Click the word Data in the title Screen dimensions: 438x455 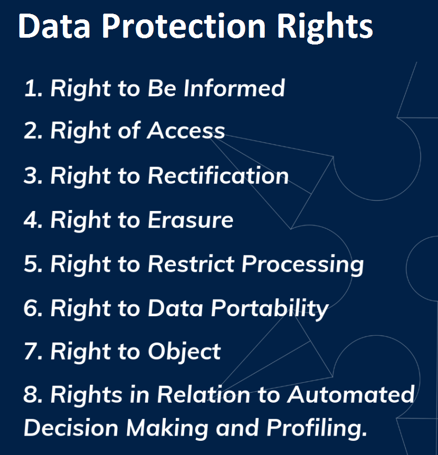tap(54, 26)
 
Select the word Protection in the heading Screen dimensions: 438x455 tap(184, 26)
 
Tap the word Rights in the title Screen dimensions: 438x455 tap(325, 28)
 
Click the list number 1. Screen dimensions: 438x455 tap(33, 88)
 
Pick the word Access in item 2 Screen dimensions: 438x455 tap(186, 130)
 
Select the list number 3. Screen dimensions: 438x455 tap(33, 175)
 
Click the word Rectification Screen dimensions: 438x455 tap(218, 175)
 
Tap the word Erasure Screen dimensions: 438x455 tap(190, 220)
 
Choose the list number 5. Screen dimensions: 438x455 tap(33, 264)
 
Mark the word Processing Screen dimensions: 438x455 tap(302, 264)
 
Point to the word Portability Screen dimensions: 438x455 tap(269, 309)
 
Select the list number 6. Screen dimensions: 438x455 tap(33, 308)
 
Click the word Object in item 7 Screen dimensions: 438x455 tap(185, 352)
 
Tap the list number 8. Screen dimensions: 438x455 tap(33, 395)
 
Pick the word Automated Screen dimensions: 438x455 tap(351, 395)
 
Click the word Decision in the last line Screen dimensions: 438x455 tap(71, 428)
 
